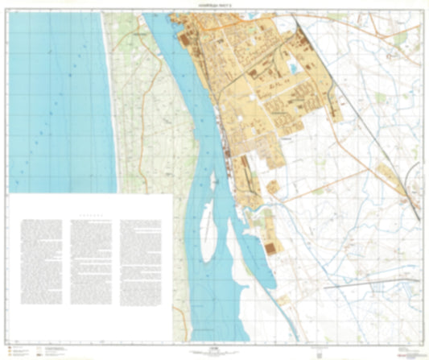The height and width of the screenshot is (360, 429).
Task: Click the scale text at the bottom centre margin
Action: point(214,350)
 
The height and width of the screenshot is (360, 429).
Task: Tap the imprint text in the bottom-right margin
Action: point(406,351)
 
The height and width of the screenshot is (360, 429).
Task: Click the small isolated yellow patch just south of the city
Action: point(273,187)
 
